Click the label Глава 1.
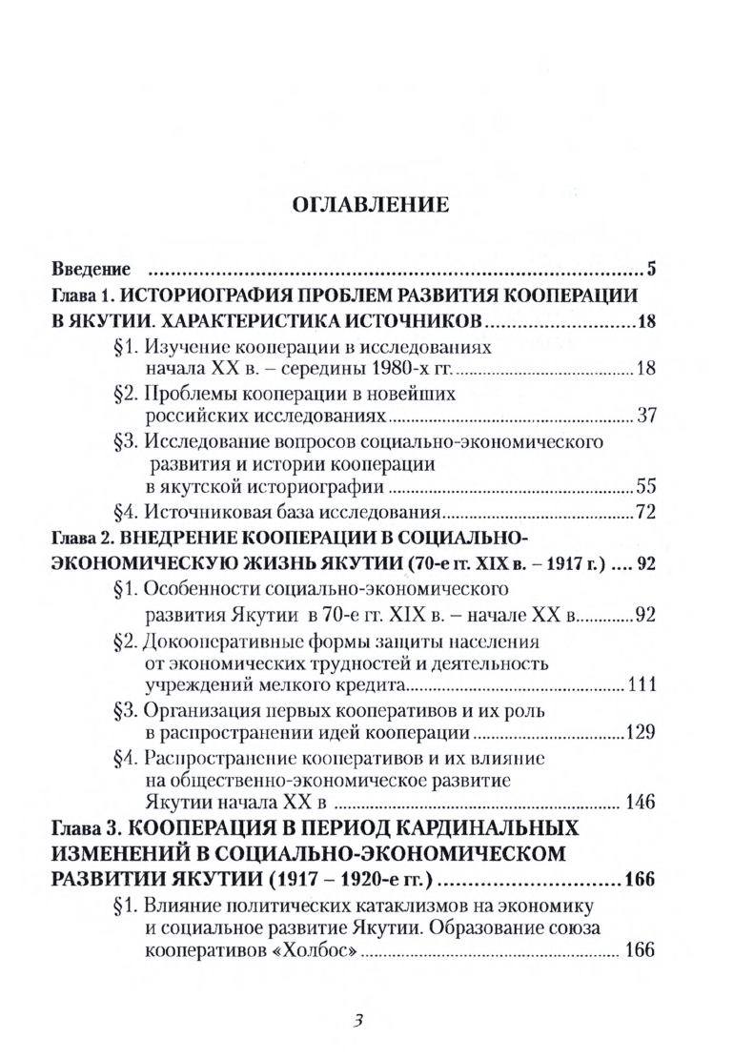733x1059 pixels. [x=83, y=294]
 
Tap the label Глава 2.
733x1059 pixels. [x=83, y=538]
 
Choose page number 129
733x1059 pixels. [x=640, y=733]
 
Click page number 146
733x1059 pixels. [x=640, y=802]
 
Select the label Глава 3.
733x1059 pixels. [x=83, y=826]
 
